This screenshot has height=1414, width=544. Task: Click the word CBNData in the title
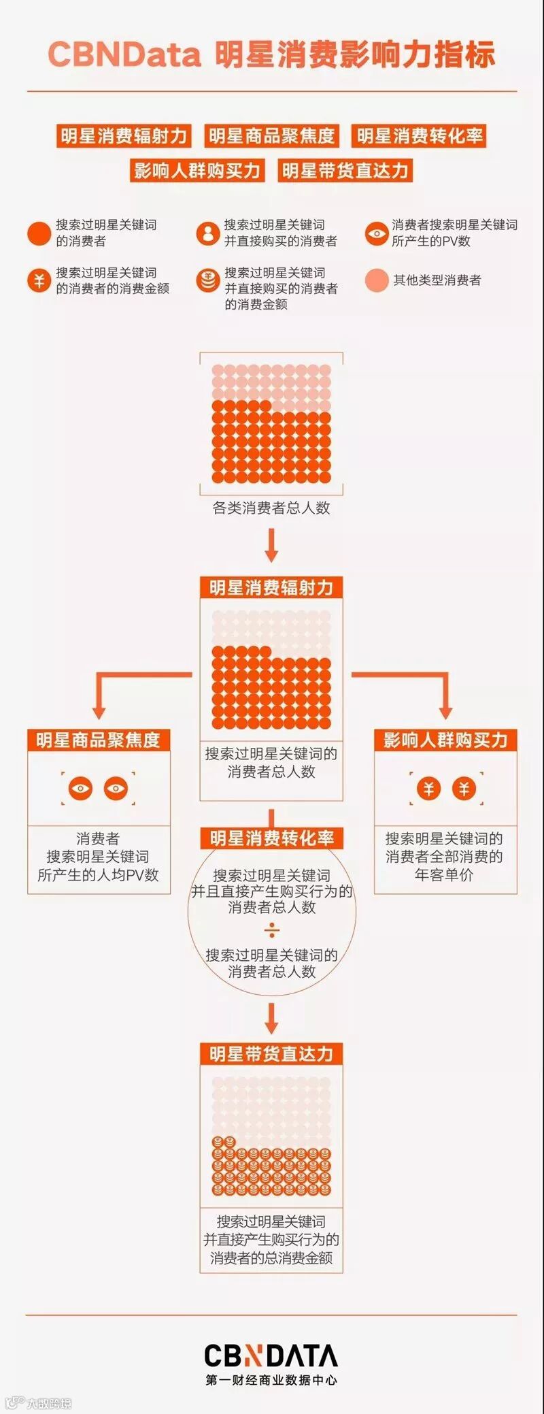124,54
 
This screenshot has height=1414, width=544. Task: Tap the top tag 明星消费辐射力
123,135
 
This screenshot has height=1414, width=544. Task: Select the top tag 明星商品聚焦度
271,135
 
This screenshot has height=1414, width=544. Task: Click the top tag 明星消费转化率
420,135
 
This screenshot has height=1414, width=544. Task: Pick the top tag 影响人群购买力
197,170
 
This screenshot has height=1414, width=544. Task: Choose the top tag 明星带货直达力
345,170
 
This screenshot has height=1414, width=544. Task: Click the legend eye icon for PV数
376,233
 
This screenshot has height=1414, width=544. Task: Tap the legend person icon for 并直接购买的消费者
207,233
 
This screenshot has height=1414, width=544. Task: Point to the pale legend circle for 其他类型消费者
376,280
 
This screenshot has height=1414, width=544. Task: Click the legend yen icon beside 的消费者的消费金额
39,280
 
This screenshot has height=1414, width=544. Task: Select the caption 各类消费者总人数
271,508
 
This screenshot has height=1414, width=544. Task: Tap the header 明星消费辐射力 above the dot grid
271,587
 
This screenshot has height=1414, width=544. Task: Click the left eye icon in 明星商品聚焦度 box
81,789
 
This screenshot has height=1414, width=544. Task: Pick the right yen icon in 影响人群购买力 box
464,789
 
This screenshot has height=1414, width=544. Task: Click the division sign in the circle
271,930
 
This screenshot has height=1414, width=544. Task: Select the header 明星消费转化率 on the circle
271,838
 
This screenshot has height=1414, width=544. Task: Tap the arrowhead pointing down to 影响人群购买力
445,711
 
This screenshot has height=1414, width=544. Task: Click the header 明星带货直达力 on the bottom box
271,1054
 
